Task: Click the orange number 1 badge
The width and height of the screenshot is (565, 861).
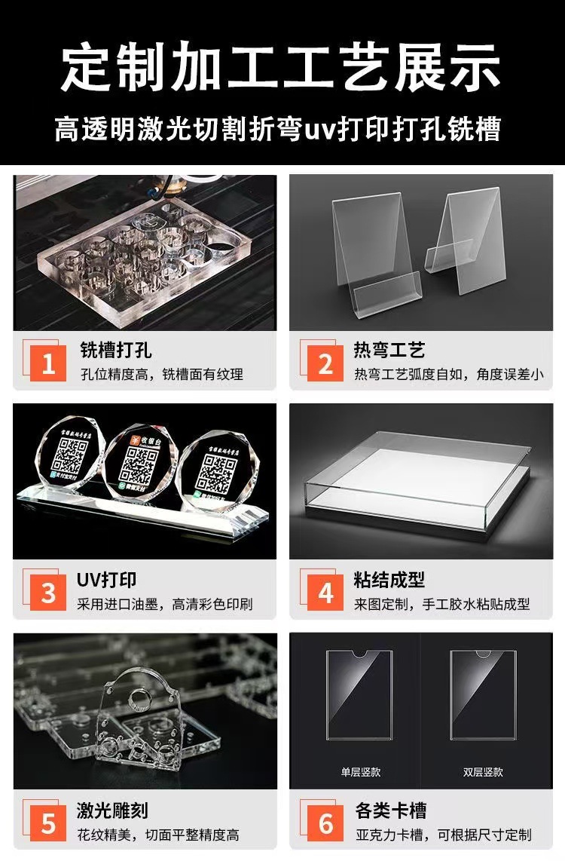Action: (x=48, y=365)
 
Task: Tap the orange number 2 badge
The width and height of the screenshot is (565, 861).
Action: (x=325, y=365)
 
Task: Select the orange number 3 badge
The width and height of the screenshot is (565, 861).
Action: (x=48, y=593)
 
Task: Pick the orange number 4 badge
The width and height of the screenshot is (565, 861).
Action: (x=325, y=593)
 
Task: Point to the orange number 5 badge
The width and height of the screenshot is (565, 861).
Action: (x=48, y=823)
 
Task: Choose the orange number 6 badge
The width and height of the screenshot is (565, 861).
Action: (x=325, y=823)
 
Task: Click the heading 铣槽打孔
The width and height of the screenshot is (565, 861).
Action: (x=116, y=350)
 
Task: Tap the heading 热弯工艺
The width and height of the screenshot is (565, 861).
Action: (x=390, y=350)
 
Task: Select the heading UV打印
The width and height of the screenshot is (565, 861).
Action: (x=107, y=579)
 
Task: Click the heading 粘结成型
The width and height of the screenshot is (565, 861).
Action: (x=390, y=579)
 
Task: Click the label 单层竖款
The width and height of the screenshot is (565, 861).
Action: (x=360, y=772)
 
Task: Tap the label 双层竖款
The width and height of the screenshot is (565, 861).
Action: (x=483, y=772)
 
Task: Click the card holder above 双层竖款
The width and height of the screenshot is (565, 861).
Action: (x=483, y=691)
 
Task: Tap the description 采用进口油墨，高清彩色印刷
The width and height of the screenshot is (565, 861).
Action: (x=165, y=604)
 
